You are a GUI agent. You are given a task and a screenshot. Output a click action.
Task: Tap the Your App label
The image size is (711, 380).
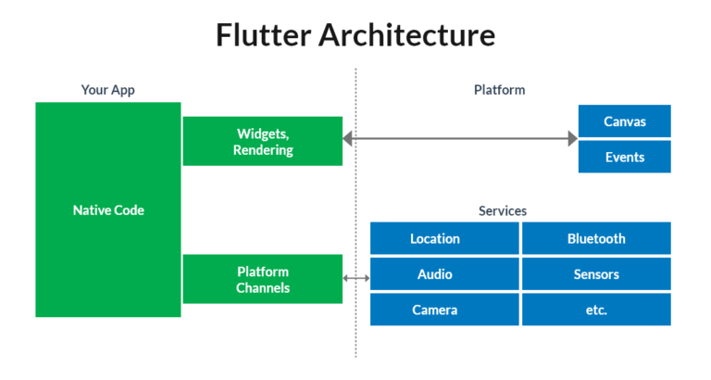click(107, 91)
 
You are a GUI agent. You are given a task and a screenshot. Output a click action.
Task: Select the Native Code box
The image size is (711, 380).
click(108, 210)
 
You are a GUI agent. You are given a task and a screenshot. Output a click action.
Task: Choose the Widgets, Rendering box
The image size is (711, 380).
click(263, 141)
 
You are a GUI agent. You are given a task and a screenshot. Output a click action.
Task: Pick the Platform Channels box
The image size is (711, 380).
click(263, 279)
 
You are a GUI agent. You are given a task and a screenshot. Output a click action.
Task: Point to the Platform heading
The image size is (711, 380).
click(499, 91)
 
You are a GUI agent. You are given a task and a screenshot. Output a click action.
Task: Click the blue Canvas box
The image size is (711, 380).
click(624, 121)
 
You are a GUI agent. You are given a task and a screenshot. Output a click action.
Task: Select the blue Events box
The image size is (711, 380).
click(624, 157)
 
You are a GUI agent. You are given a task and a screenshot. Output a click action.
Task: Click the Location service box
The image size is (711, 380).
click(444, 238)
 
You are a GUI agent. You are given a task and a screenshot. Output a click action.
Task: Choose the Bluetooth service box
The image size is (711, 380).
click(596, 238)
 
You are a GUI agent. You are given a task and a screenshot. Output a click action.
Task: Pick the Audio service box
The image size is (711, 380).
click(444, 274)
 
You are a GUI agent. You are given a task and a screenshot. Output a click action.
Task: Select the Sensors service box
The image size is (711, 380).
click(596, 274)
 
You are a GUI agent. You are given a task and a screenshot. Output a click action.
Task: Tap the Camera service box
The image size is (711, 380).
click(444, 310)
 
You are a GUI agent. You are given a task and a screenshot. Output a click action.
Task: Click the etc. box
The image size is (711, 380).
click(596, 310)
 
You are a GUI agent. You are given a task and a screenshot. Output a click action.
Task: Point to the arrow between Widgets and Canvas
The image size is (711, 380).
click(460, 139)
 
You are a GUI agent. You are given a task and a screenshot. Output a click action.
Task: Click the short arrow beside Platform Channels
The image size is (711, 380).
click(356, 278)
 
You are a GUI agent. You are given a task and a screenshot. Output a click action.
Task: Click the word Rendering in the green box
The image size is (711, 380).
click(263, 150)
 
